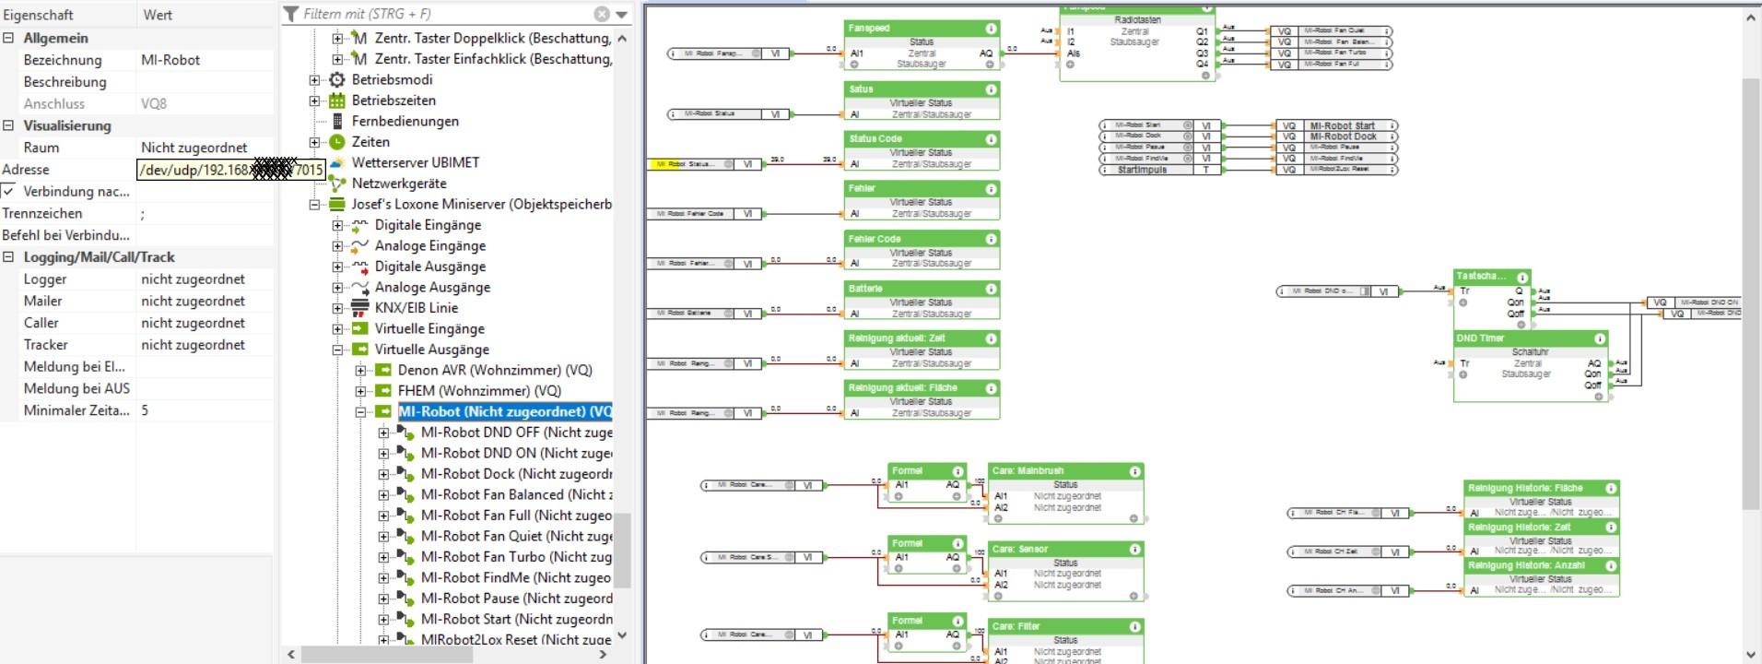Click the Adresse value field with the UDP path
230,170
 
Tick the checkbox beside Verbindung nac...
8,192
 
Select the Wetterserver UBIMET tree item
415,162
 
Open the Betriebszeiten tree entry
394,101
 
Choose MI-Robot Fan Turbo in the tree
515,557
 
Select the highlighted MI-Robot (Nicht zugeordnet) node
504,411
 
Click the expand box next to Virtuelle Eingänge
337,329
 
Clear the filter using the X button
602,14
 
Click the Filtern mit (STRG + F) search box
442,14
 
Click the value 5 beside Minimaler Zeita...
145,410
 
